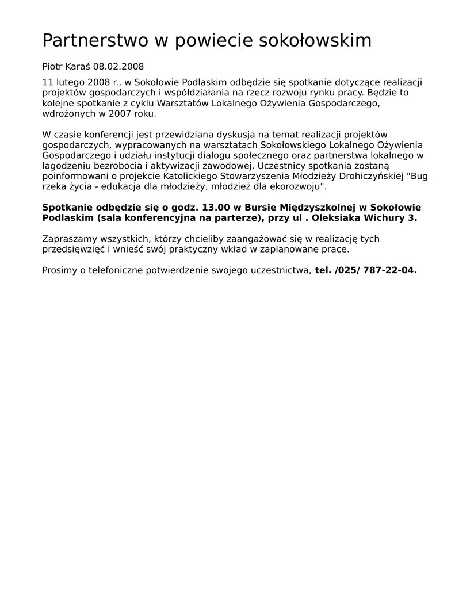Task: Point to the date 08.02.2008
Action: [x=118, y=67]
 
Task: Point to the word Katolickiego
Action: [x=190, y=176]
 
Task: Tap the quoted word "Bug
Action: [x=417, y=176]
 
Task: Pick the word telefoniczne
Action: [x=117, y=270]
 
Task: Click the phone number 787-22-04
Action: [x=389, y=270]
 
